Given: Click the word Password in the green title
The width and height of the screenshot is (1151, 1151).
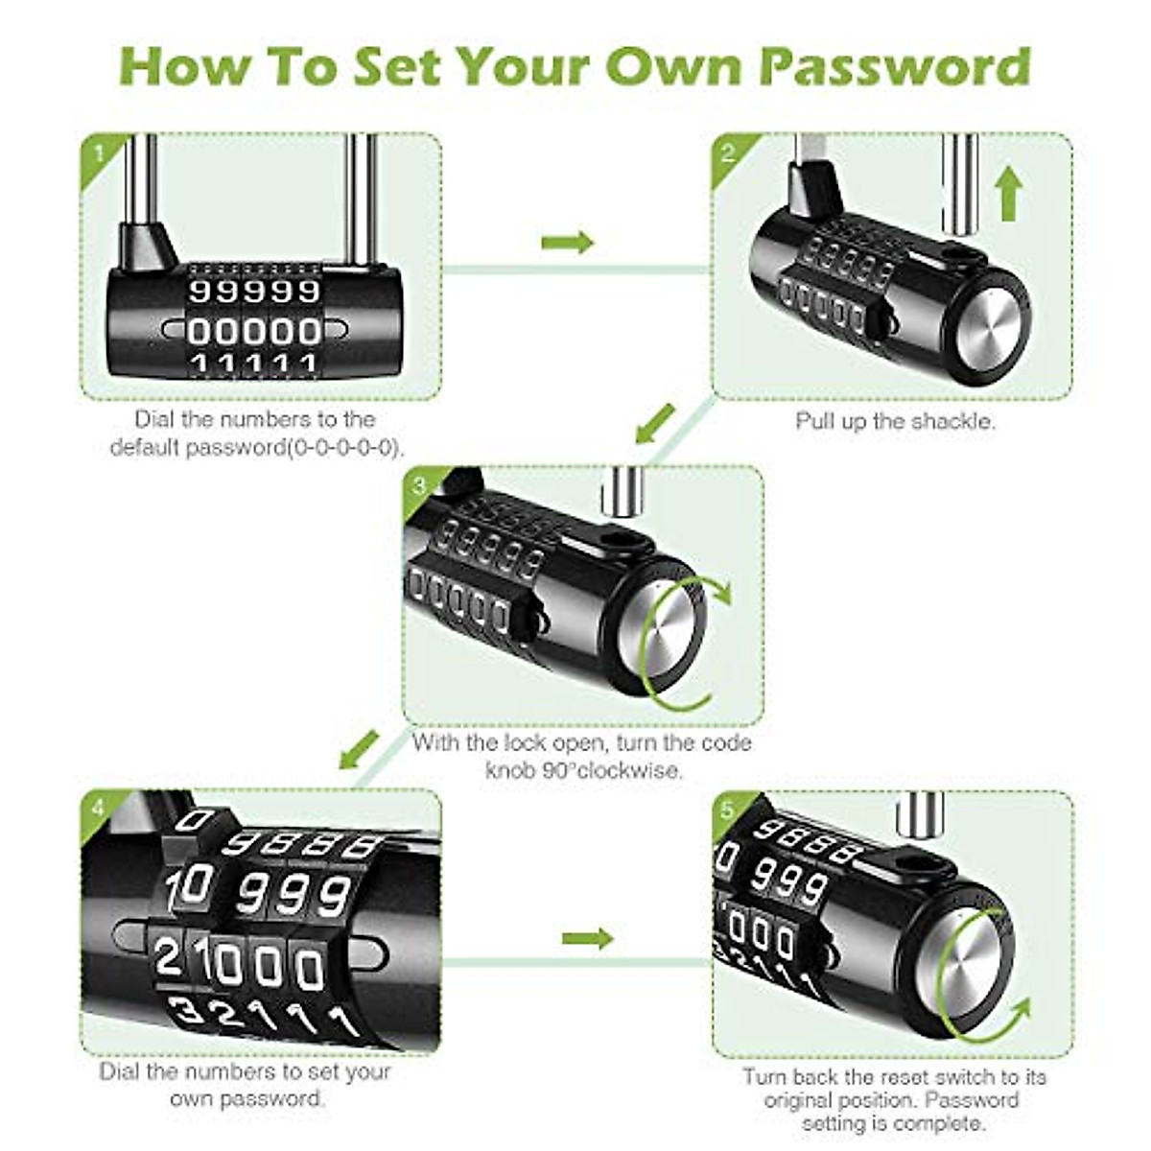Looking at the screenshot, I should [x=894, y=67].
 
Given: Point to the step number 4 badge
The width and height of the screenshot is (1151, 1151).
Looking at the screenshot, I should [x=98, y=809].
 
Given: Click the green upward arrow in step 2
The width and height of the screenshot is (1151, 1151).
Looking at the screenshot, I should [x=1007, y=193].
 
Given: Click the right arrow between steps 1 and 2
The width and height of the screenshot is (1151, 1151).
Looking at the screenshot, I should [x=567, y=243].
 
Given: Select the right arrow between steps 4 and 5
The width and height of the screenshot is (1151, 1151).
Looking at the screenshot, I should [x=587, y=938].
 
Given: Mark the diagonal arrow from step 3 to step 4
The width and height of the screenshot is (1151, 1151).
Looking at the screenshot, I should [x=360, y=749].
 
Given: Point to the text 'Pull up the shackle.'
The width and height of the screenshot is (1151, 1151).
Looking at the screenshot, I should [x=895, y=421].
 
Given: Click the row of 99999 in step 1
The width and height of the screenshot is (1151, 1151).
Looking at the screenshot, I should [x=254, y=291].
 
